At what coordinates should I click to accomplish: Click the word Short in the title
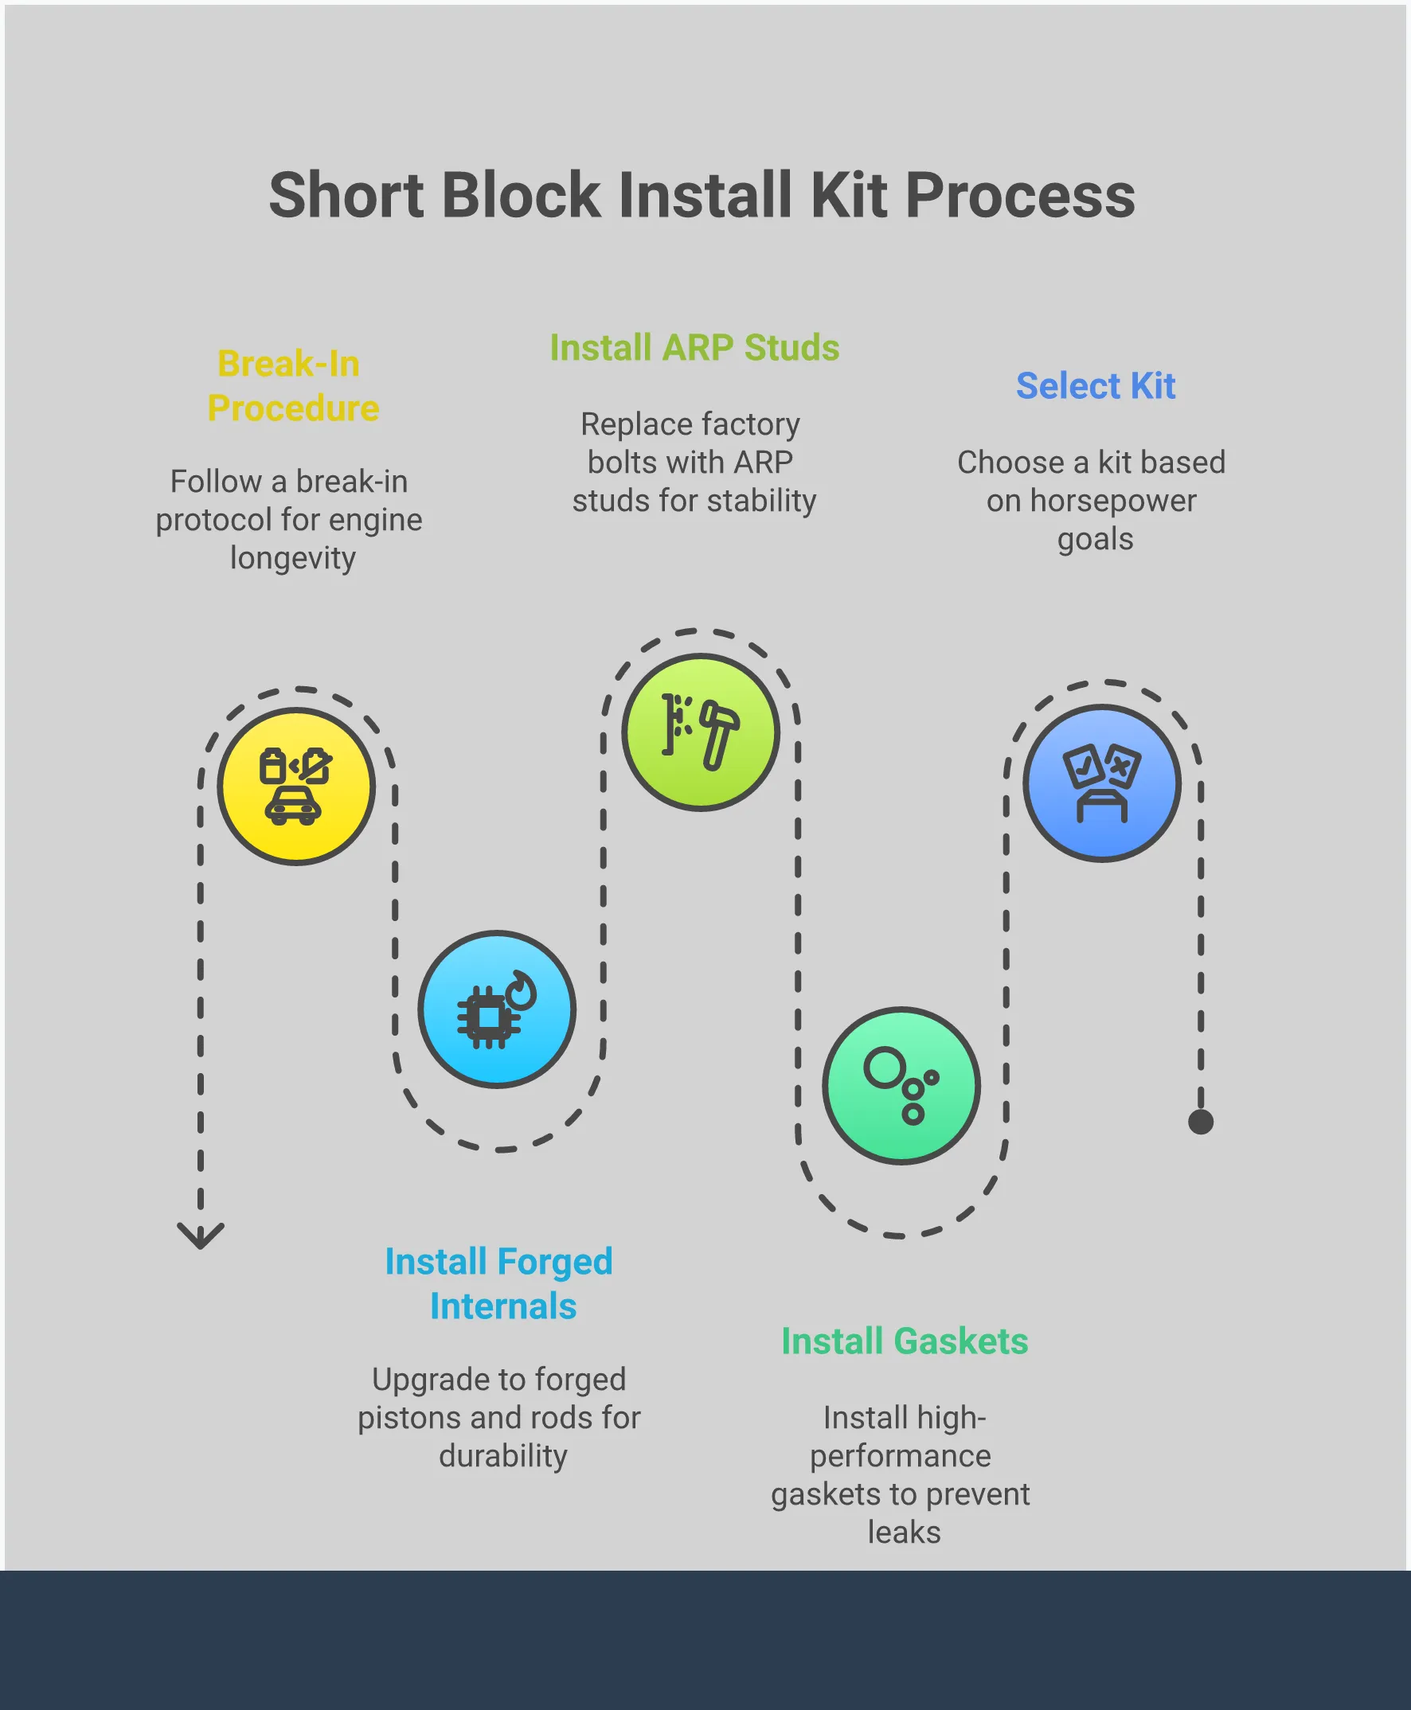pyautogui.click(x=346, y=196)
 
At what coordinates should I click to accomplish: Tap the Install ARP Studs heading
pyautogui.click(x=694, y=348)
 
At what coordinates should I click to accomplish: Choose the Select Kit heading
pyautogui.click(x=1095, y=386)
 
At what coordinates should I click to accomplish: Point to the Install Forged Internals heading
pyautogui.click(x=500, y=1284)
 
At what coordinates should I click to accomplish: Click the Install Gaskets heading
pyautogui.click(x=904, y=1341)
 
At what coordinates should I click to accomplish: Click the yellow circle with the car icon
pyautogui.click(x=296, y=786)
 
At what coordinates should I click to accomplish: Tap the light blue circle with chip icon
pyautogui.click(x=497, y=1009)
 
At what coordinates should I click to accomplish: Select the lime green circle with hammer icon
pyautogui.click(x=700, y=732)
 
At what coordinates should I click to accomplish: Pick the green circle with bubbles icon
pyautogui.click(x=901, y=1086)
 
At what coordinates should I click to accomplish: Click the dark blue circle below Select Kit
pyautogui.click(x=1101, y=783)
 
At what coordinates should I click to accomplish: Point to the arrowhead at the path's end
pyautogui.click(x=200, y=1237)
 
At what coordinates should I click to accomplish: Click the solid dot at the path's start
pyautogui.click(x=1201, y=1122)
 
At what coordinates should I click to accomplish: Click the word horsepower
pyautogui.click(x=1112, y=501)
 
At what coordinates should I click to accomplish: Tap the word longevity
pyautogui.click(x=292, y=558)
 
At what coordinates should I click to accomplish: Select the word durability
pyautogui.click(x=503, y=1455)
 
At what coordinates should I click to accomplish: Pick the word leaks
pyautogui.click(x=904, y=1532)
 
